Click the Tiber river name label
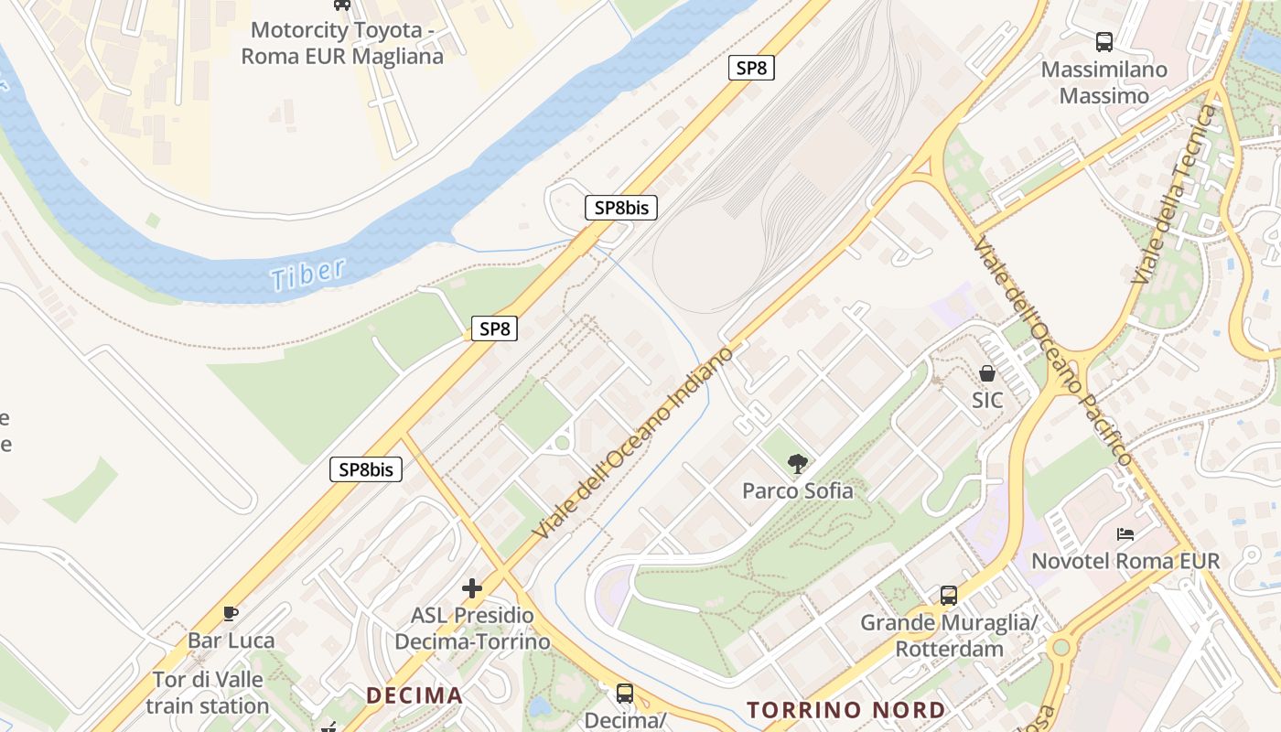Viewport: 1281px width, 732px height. point(308,274)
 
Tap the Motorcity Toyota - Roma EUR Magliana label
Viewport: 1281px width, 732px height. point(341,43)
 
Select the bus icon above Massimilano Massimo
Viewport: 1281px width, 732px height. point(1104,41)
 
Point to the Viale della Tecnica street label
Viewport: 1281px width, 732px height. point(1176,194)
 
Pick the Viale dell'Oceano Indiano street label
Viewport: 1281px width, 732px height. point(637,441)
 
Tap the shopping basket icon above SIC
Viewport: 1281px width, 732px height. point(987,373)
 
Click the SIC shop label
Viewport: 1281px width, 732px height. point(987,401)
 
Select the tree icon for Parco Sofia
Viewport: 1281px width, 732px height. point(798,464)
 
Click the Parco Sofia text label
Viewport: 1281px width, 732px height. point(798,490)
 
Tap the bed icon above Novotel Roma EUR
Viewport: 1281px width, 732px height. point(1125,534)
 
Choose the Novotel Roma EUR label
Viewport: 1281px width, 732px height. point(1125,560)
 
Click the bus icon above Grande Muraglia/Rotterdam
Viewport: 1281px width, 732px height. point(949,596)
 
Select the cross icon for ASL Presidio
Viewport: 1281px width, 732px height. point(472,588)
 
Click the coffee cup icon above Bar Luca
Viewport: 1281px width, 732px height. point(231,613)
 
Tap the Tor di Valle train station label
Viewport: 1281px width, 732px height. point(208,693)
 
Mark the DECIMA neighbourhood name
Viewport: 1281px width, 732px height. point(414,695)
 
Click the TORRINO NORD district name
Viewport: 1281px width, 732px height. point(846,710)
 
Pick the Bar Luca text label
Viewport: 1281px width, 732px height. point(231,640)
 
